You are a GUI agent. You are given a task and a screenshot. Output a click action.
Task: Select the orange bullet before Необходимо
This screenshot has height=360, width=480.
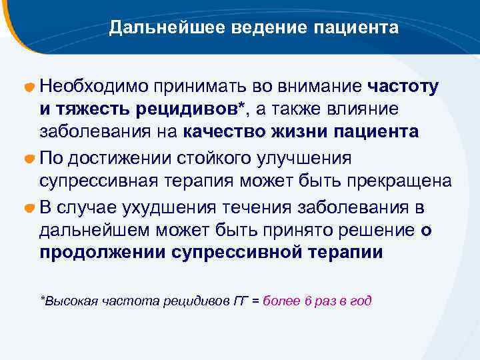point(29,88)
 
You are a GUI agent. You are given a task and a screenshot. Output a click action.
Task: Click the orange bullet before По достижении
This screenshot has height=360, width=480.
point(29,159)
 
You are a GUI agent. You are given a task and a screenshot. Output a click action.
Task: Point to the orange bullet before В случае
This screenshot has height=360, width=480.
point(29,207)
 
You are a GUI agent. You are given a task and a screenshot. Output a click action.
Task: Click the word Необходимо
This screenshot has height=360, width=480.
point(92,86)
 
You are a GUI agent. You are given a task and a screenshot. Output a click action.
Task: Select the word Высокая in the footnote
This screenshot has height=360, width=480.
point(69,301)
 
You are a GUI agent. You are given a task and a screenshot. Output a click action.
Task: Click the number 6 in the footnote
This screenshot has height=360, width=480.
point(308,301)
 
